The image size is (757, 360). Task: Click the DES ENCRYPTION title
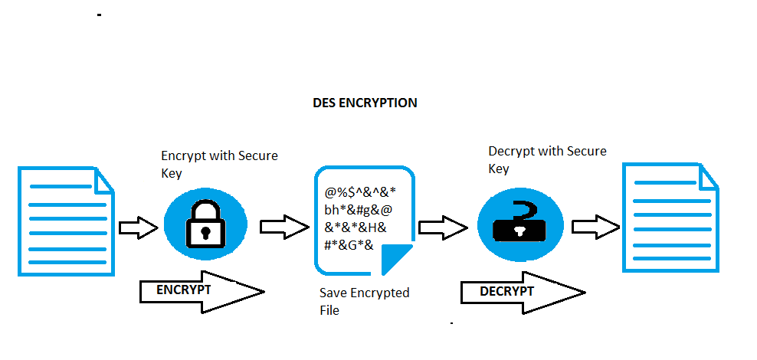365,103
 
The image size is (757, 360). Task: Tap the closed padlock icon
206,224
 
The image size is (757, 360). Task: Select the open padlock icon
519,222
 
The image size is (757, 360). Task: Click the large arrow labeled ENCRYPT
202,292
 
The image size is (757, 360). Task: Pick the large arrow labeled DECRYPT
523,293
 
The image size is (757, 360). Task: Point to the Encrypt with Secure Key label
220,164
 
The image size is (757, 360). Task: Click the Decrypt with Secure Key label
548,159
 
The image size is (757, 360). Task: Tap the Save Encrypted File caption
365,301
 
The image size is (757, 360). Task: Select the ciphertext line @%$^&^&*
360,192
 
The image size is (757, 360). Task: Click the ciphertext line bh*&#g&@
359,210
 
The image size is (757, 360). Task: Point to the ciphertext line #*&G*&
349,244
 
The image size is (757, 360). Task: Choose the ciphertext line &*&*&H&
356,227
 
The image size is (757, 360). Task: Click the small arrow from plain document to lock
139,227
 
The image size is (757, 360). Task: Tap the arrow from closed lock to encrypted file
284,227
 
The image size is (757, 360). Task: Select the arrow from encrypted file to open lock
443,227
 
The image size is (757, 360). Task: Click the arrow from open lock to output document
596,227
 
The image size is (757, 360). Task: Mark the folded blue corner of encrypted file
395,258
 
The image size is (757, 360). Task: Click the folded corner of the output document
707,177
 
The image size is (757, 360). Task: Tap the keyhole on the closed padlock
206,231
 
